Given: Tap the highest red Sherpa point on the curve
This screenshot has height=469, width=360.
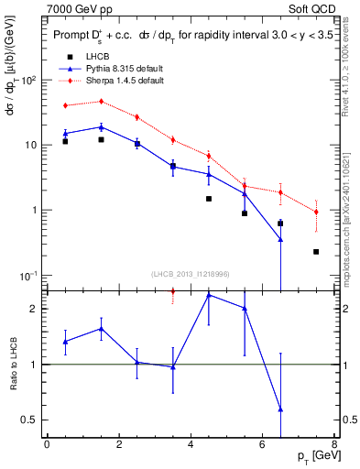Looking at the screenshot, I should [x=101, y=102].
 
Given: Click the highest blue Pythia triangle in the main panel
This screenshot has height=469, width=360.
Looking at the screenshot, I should [x=101, y=127].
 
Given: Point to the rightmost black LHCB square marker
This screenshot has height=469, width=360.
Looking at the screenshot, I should [x=316, y=252].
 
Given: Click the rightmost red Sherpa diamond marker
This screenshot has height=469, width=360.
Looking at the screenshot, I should [x=316, y=213].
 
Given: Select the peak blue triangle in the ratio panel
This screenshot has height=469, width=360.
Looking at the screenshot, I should [x=209, y=295].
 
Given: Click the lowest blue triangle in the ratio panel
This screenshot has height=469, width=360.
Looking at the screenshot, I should [x=280, y=409].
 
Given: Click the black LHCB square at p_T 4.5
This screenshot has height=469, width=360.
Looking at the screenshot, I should [x=209, y=199].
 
